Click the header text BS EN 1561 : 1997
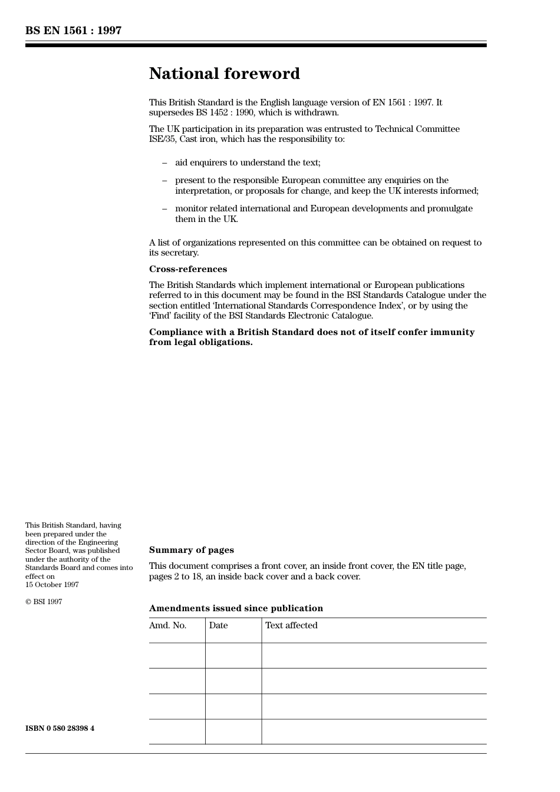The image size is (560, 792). [73, 31]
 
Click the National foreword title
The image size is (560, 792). [224, 74]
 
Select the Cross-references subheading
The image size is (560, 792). [187, 269]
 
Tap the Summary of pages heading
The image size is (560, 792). [191, 550]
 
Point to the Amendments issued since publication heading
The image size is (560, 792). [236, 608]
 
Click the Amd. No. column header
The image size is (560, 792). [167, 625]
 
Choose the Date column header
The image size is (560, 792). [218, 625]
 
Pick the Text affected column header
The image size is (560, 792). [291, 625]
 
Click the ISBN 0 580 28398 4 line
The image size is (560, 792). [60, 728]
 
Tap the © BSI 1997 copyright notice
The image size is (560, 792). [44, 602]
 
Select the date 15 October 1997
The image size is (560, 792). [52, 585]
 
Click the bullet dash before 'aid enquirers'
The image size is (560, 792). [164, 163]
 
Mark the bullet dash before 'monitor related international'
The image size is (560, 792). [164, 208]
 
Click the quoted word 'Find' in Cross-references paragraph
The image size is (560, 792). [160, 316]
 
